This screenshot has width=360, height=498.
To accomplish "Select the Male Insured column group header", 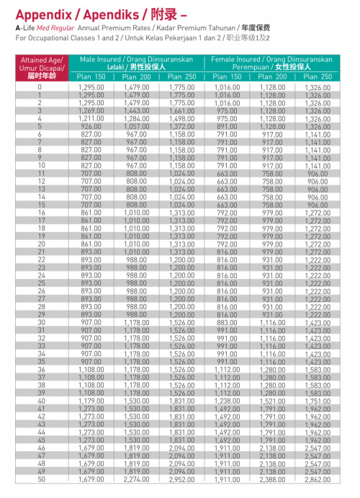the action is pos(138,61).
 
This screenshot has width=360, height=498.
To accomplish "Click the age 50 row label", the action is pos(40,479).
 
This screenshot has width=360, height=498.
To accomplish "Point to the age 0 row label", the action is pos(40,86).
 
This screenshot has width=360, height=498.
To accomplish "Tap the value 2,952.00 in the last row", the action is pos(181,479).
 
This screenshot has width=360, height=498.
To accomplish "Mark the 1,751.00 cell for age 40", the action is pos(317,401).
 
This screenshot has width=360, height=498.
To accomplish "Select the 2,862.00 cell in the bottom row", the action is pos(317,479).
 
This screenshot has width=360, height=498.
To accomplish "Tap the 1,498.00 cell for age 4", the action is pos(181,118).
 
